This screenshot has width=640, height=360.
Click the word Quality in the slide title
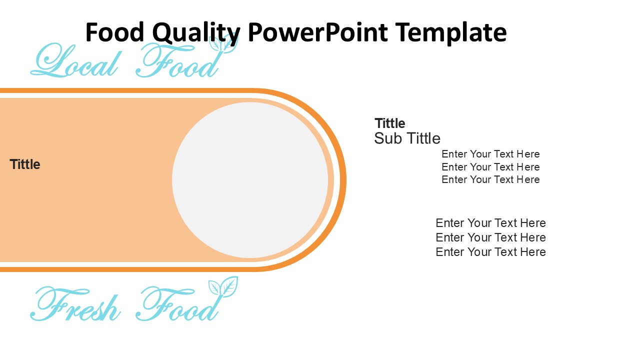[195, 33]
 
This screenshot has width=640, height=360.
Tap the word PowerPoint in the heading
[317, 33]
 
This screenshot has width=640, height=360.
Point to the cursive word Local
[75, 62]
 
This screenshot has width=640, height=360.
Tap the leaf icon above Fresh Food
[223, 287]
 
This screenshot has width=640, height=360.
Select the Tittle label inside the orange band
[25, 164]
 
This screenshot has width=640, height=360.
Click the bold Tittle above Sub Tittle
[390, 123]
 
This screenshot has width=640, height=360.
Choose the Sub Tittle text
[407, 138]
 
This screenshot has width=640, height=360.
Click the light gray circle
[250, 180]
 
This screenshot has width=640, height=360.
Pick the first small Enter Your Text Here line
[490, 154]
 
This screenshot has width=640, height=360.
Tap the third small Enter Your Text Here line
[490, 179]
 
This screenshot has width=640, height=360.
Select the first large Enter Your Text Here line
[490, 223]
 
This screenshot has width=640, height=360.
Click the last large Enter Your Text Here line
[490, 252]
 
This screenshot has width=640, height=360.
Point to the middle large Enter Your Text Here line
[490, 237]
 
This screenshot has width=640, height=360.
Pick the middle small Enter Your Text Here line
[490, 167]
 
